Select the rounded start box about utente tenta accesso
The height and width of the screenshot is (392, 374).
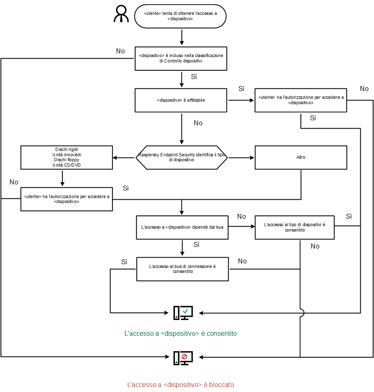pos(180,17)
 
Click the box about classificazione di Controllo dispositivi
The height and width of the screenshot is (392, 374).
pos(181,58)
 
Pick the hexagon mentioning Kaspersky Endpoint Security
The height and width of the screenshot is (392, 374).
pos(182,158)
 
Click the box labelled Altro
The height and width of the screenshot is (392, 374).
pos(300,158)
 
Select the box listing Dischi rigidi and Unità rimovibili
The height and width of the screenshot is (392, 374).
pos(67,157)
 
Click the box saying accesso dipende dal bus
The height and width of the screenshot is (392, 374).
pos(182,227)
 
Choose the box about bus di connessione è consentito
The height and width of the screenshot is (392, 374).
pos(182,269)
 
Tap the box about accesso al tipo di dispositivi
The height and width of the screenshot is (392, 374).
pos(294,227)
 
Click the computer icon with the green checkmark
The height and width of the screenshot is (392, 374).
pos(183,313)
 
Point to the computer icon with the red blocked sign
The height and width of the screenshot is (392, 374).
pos(183,357)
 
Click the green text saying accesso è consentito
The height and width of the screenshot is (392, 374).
pos(181,333)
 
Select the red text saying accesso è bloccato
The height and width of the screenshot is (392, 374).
pos(180,385)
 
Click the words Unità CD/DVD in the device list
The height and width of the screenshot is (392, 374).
pos(67,165)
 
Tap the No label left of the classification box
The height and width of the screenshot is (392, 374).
pos(120,51)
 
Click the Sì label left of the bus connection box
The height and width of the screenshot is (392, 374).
pos(124,262)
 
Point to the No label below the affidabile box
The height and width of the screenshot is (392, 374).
pos(198,123)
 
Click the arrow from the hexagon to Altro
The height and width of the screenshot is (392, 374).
pos(241,158)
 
